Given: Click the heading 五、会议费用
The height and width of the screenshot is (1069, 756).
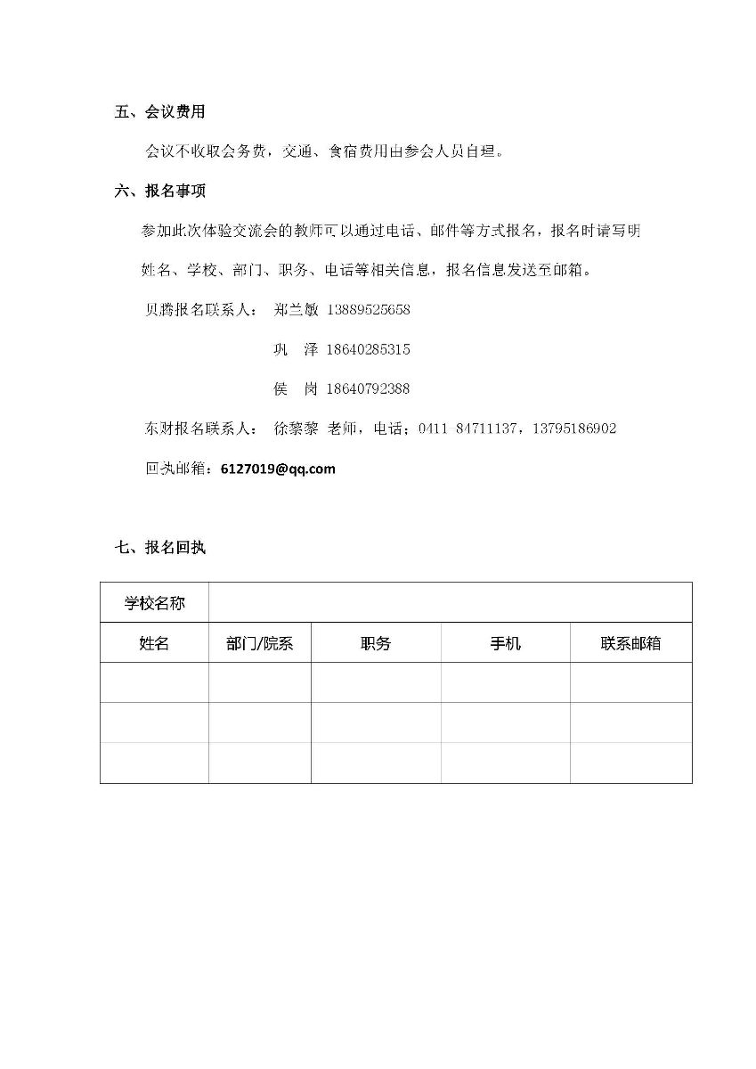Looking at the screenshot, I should (x=160, y=112).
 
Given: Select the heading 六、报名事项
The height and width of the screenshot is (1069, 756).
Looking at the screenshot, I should (x=160, y=191).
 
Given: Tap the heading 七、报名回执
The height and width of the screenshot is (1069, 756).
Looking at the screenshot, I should (x=160, y=548).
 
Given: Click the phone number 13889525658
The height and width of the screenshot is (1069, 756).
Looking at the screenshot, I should (x=369, y=310).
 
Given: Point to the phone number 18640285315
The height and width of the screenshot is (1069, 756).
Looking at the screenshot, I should (x=369, y=349).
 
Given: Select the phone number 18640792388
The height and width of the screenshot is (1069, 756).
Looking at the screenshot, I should (x=369, y=389).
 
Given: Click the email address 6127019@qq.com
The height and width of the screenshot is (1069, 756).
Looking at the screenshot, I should (x=278, y=469).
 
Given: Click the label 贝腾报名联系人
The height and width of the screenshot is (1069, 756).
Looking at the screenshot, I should (x=200, y=310).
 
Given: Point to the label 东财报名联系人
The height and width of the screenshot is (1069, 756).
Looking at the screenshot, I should (x=200, y=428).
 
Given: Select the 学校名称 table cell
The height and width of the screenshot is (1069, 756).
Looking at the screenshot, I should (x=155, y=603).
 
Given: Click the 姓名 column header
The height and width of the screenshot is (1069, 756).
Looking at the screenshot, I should (x=154, y=643).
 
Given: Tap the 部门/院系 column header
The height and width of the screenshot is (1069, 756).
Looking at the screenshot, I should (x=260, y=643).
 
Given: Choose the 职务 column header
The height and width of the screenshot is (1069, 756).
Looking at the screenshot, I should (x=376, y=643).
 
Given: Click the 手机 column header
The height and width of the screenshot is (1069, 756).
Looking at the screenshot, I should (x=505, y=643).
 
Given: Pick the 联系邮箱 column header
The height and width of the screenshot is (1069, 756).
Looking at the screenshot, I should (x=630, y=643).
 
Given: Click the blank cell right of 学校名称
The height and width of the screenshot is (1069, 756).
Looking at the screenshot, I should (x=450, y=603).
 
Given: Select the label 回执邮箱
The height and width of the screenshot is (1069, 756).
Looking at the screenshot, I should (x=178, y=469).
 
